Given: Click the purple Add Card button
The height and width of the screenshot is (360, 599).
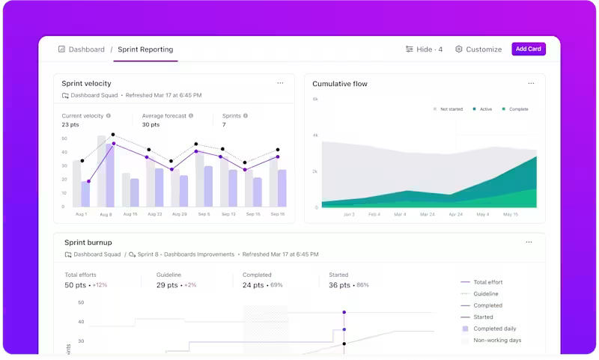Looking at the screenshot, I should (529, 49).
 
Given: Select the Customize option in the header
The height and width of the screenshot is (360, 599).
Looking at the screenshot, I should (478, 49).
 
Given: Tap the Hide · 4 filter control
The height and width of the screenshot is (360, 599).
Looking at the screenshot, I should (424, 49).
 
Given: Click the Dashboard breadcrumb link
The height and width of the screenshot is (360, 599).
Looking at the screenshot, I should (82, 49).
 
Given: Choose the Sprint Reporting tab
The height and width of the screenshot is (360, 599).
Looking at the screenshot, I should (145, 49).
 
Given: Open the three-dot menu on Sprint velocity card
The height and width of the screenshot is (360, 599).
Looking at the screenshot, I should (280, 83).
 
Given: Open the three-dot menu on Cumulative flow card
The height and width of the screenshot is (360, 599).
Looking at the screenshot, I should (531, 83).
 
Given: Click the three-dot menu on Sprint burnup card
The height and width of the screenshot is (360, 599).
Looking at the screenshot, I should (529, 242).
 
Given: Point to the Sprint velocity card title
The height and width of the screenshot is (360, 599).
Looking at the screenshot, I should (86, 84).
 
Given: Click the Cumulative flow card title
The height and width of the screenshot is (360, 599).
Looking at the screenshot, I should (340, 84).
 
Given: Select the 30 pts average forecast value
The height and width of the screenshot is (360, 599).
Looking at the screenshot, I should (150, 124).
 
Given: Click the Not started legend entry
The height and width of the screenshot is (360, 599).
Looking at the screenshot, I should (449, 109).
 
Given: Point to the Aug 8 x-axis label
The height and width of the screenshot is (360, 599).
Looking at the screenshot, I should (106, 215).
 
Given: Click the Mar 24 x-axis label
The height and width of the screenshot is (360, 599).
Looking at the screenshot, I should (427, 215).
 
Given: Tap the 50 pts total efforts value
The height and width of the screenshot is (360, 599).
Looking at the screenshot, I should (75, 285).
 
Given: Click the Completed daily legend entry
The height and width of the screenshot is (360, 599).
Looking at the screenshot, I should (494, 329).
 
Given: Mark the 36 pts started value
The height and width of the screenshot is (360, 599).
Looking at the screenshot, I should (339, 285).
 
